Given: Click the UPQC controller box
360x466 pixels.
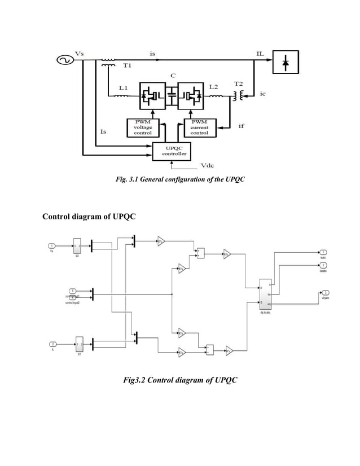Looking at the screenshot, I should (x=172, y=150).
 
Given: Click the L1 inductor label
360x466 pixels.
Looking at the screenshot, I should (x=123, y=87).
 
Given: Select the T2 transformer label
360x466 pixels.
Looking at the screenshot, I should (x=239, y=83).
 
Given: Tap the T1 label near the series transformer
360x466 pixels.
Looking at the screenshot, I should (x=128, y=65).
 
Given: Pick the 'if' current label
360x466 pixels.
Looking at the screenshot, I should (x=241, y=126).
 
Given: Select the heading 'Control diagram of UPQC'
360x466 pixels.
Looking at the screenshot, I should (x=89, y=217).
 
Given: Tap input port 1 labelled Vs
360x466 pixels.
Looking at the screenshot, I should (x=52, y=245).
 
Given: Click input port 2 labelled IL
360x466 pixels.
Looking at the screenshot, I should (x=52, y=344).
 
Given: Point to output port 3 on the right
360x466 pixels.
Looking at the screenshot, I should (x=326, y=292).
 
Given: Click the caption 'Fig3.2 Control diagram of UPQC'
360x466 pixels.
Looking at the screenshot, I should (x=181, y=381).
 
